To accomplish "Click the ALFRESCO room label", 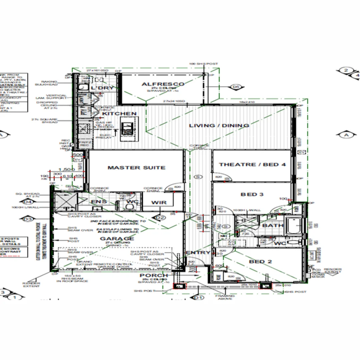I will (163, 84).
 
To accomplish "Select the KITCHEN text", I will (119, 114).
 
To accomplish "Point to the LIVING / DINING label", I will (219, 126).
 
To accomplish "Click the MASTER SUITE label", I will (136, 167).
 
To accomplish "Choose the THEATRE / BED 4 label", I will (252, 164).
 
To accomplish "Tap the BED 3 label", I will (252, 194).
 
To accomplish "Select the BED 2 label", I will (260, 262).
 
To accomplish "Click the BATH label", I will (273, 226).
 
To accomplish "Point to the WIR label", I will (159, 202).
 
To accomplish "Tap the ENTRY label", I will (198, 253).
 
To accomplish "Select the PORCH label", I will (154, 275).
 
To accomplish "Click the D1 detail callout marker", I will (199, 297).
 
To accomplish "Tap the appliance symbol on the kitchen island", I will (127, 128).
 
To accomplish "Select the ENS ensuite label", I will (99, 202).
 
